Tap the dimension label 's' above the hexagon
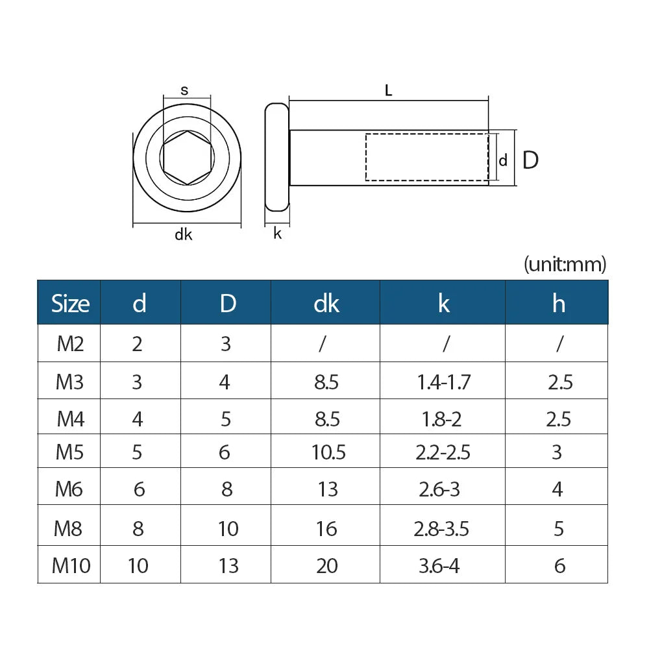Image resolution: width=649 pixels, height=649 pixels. [x=184, y=91]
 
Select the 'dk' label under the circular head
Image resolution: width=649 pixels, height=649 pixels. [x=184, y=235]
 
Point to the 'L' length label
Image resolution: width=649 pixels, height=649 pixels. [x=388, y=91]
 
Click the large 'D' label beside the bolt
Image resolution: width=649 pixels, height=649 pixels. [x=530, y=160]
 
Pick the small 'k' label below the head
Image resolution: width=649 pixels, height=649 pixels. [x=277, y=234]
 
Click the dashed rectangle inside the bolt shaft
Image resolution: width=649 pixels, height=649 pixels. [x=426, y=157]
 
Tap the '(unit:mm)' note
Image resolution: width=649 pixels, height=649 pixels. [x=565, y=264]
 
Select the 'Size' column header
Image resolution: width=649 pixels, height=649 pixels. [x=70, y=303]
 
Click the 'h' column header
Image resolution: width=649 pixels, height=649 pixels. [x=558, y=303]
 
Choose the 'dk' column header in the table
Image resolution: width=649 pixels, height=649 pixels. [x=326, y=303]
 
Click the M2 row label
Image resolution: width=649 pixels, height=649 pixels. [x=70, y=343]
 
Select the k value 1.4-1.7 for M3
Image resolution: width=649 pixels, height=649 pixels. [x=443, y=382]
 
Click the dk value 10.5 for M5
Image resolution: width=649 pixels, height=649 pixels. [x=328, y=452]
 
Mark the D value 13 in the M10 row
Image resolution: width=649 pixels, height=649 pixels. [x=228, y=565]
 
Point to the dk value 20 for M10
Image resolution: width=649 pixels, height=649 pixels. [x=327, y=565]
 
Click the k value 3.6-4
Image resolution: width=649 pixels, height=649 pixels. [x=439, y=565]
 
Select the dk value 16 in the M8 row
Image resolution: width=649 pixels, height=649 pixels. [x=326, y=529]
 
